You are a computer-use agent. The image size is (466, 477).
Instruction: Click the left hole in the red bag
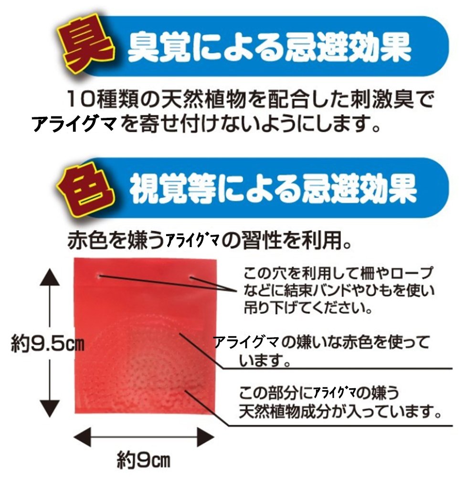[x=99, y=276]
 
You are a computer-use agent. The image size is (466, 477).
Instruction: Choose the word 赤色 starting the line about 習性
[x=88, y=241]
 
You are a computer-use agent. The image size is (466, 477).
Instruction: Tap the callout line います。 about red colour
[x=265, y=361]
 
